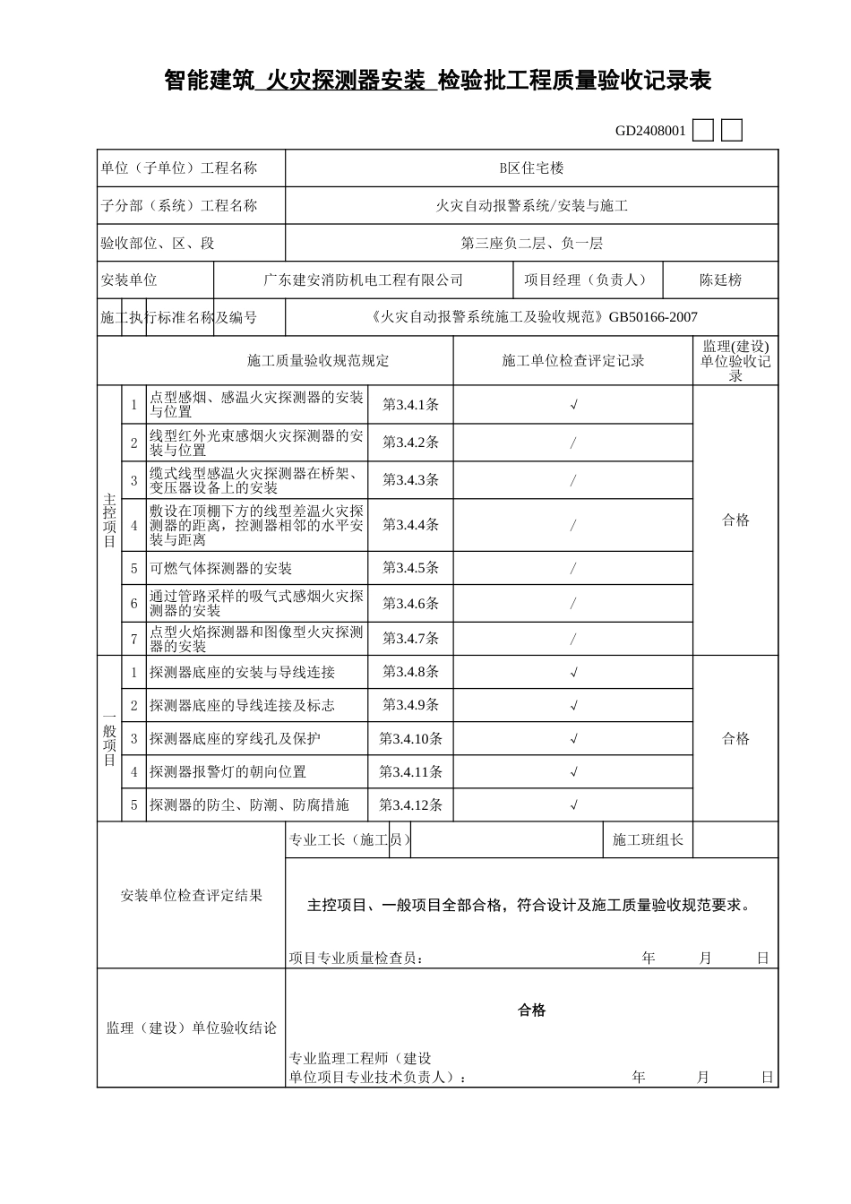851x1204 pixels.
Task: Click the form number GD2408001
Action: pos(650,131)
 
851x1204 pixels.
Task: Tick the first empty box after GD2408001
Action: pos(704,131)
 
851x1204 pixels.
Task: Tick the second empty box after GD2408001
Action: pos(732,131)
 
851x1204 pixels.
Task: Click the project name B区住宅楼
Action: pos(531,168)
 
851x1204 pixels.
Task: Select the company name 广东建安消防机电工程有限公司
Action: pos(363,280)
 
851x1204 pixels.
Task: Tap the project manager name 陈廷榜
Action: pos(720,280)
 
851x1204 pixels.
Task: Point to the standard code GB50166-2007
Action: pos(653,317)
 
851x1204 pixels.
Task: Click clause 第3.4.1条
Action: pos(410,405)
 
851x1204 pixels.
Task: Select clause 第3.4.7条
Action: pos(410,639)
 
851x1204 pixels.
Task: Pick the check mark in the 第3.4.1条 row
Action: pos(573,405)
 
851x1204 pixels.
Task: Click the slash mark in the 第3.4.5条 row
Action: pos(573,569)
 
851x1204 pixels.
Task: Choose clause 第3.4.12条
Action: pos(410,805)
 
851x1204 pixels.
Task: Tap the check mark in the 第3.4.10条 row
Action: pos(573,739)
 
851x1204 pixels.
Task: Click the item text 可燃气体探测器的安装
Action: pos(220,569)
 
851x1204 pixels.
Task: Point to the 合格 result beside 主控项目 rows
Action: pos(735,520)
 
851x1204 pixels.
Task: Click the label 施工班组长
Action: pos(648,840)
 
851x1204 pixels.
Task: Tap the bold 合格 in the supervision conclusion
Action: pos(531,1010)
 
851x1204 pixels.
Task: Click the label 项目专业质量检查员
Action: pos(355,959)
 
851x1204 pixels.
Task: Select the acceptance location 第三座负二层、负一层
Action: pos(531,244)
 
